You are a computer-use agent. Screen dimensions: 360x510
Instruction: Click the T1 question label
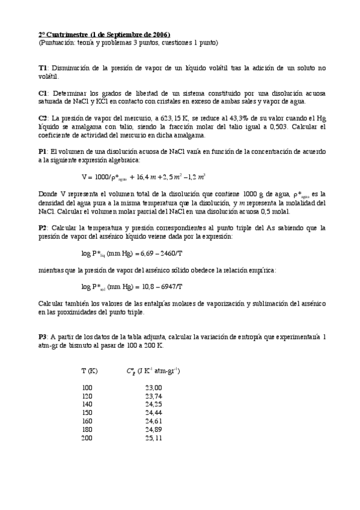[42, 68]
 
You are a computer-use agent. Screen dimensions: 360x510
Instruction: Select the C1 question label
[42, 93]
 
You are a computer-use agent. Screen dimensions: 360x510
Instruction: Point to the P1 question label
[42, 152]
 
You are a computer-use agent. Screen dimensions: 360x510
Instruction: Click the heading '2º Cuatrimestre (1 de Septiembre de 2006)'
[104, 35]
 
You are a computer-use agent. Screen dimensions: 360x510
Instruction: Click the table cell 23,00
[153, 388]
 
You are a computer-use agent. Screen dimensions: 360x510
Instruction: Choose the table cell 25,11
[153, 438]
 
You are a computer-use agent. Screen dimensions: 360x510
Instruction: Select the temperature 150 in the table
[87, 413]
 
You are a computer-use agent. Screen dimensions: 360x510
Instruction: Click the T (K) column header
[90, 371]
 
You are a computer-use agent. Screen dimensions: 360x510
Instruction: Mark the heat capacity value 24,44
[153, 413]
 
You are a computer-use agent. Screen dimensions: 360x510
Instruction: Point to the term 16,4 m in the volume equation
[143, 177]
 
